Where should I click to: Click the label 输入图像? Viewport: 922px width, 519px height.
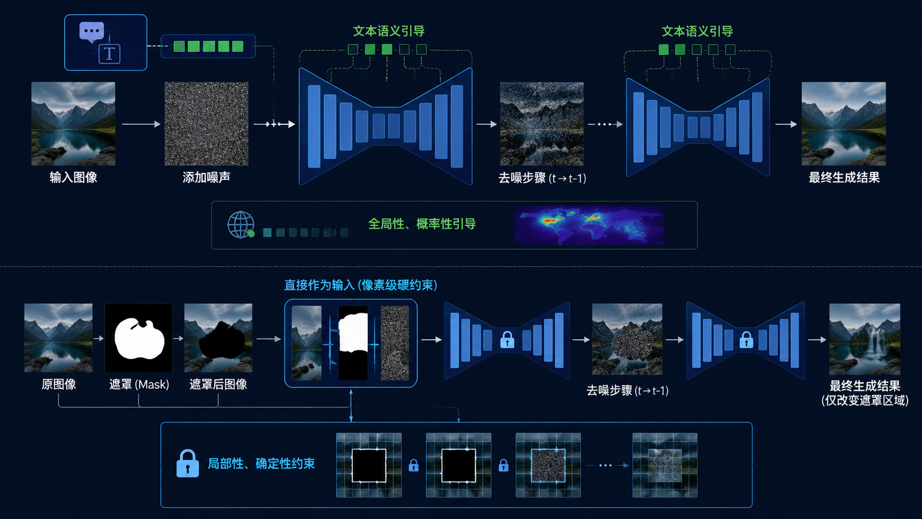73,178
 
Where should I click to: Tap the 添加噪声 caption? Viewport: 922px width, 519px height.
206,178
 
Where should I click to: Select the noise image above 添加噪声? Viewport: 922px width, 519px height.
206,124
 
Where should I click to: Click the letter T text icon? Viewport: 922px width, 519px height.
110,54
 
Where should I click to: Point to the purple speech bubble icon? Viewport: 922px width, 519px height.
92,32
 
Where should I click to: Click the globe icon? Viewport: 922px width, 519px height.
241,224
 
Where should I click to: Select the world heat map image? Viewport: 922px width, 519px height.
589,226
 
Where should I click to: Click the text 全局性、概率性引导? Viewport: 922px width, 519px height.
422,224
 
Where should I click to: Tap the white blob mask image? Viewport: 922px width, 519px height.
139,338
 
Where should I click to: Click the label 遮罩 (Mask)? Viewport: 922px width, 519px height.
139,384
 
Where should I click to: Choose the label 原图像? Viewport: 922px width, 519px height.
58,384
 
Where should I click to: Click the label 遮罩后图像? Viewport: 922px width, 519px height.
218,384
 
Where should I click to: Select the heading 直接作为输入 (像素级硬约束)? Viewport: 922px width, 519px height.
361,285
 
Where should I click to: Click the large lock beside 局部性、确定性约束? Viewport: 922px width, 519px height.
187,463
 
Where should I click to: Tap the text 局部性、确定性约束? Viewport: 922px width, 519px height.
261,464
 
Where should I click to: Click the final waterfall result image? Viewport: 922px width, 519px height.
865,339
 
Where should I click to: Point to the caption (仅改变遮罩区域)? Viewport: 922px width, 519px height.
865,400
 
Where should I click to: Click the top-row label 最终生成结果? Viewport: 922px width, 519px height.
844,178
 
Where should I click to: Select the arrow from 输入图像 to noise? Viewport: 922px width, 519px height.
141,124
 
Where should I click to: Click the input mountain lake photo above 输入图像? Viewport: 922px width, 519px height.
73,124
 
